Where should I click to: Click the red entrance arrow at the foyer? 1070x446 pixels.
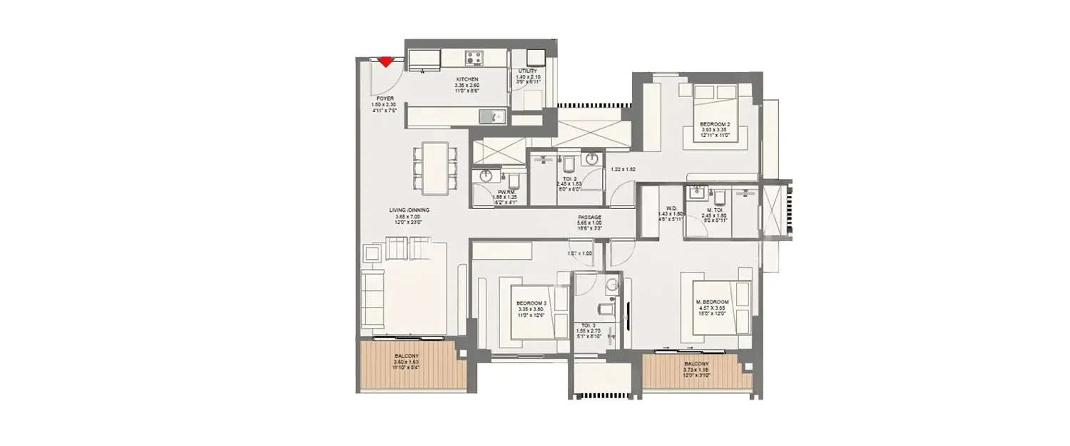(386, 61)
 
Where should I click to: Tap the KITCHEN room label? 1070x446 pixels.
(468, 79)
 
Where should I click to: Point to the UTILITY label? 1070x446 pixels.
(529, 71)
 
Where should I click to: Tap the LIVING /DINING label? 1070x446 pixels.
(409, 210)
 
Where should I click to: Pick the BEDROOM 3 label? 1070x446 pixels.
(531, 303)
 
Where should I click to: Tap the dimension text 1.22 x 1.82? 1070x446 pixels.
(623, 170)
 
